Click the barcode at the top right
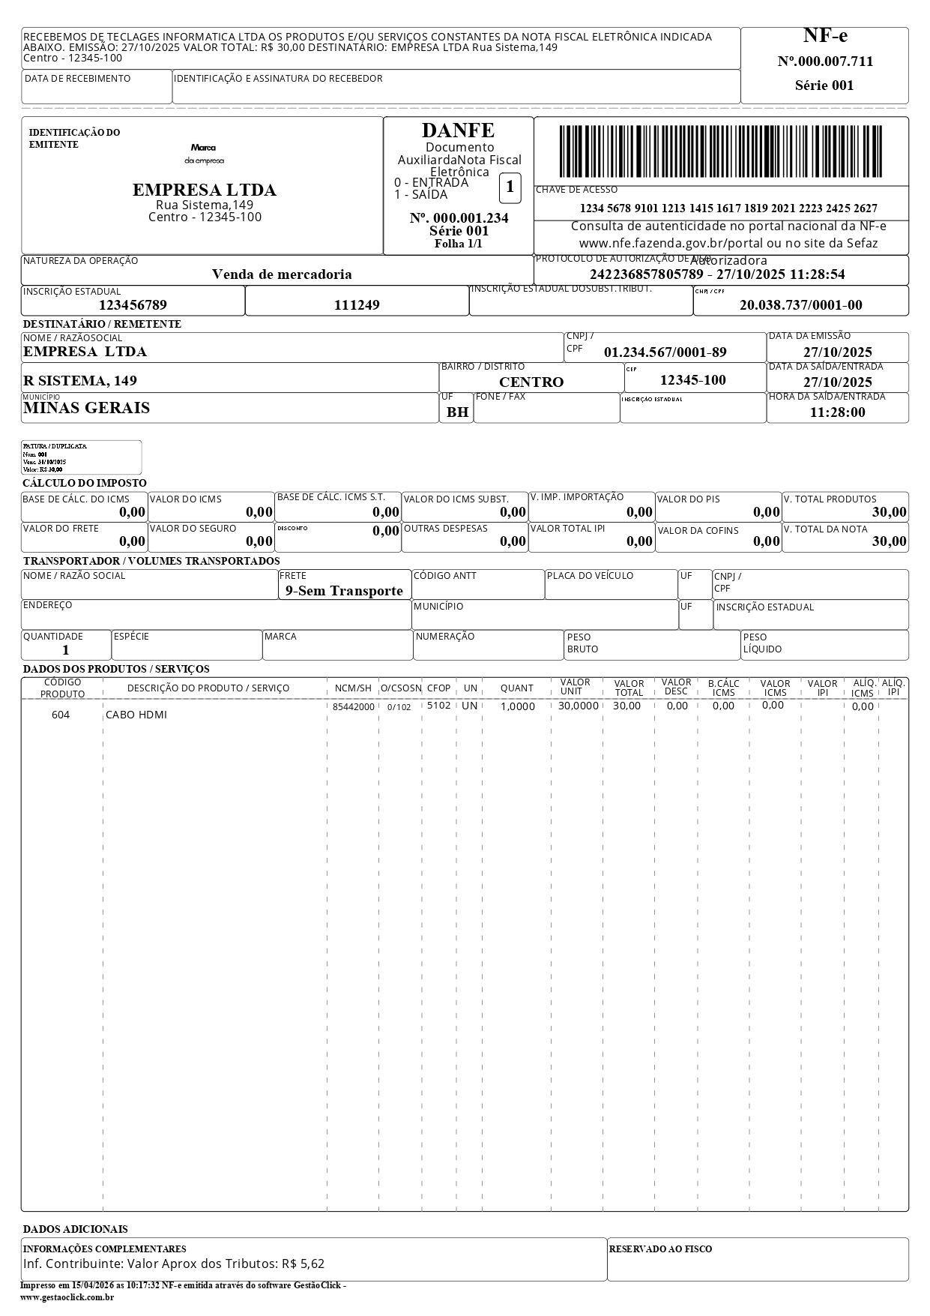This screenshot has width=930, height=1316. [x=720, y=151]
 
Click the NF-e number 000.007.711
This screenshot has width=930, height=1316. [x=825, y=61]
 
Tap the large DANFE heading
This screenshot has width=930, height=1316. [x=458, y=130]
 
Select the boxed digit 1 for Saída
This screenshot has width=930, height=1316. [x=510, y=187]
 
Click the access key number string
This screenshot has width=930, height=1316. [x=728, y=208]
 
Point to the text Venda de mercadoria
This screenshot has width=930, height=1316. [x=282, y=274]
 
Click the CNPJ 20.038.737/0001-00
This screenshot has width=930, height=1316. [x=800, y=305]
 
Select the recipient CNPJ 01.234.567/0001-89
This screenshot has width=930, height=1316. [x=665, y=352]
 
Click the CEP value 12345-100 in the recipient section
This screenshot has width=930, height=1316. [x=692, y=380]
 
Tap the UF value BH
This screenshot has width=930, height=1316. [x=457, y=412]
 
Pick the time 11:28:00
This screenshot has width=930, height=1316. [x=837, y=412]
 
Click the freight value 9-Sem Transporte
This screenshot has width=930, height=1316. [x=344, y=591]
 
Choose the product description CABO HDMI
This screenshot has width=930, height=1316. [x=136, y=715]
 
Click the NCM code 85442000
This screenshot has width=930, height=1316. [x=353, y=707]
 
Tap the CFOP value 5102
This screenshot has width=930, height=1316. [x=438, y=706]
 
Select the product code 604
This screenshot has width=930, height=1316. [x=61, y=715]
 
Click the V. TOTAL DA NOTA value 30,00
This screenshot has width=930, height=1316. [x=889, y=541]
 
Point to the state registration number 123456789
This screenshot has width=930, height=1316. [x=133, y=305]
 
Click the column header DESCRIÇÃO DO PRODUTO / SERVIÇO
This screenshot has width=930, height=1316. [x=208, y=688]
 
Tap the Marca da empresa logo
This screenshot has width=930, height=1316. [x=203, y=154]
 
